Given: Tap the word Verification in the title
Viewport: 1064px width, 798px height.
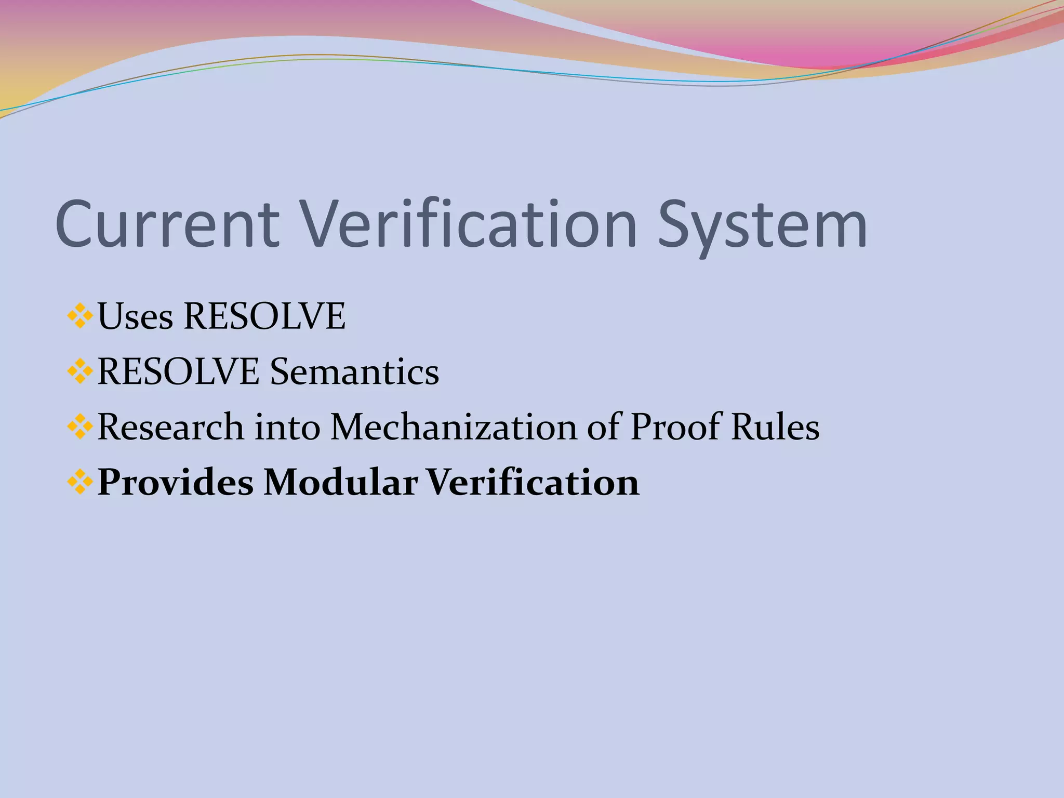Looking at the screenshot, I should coord(470,224).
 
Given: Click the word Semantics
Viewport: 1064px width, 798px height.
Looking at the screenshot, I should coord(354,372).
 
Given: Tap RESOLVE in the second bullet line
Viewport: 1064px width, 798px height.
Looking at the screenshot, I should coord(178,372).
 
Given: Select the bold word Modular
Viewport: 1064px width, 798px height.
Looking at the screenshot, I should coord(340,482).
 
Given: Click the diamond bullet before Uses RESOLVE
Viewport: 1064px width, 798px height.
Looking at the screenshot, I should coord(80,316).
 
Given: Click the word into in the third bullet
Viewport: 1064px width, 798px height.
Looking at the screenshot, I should coord(287,427).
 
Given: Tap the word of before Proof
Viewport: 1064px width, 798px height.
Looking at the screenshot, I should coord(604,427).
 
